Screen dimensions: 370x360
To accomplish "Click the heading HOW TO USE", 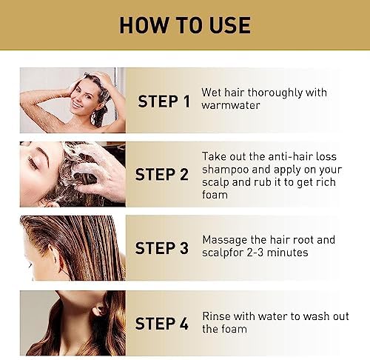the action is [185, 25].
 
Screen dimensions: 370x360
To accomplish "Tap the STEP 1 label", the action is [164, 101].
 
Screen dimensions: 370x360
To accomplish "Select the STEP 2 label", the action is [162, 174].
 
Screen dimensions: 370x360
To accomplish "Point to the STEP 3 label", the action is [162, 247].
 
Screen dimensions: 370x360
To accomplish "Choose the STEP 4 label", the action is [162, 323].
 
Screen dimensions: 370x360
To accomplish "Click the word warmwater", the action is [231, 105].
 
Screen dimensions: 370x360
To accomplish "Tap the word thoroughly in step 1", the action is [275, 93].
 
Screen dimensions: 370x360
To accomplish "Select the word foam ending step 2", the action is [215, 195].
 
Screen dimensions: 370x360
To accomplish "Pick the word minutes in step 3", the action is [287, 253].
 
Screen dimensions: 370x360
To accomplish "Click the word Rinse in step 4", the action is [216, 316].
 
